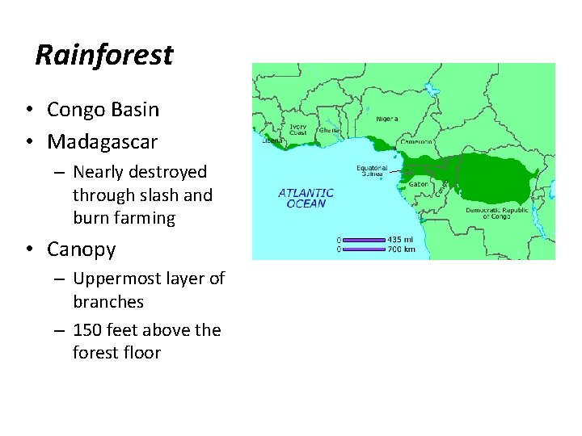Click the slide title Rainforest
pos(104,56)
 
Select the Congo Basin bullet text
pos(103,110)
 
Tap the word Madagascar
pos(103,142)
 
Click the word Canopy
pos(81,249)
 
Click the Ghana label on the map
pos(329,130)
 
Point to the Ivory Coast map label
pos(299,130)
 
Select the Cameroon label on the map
pos(415,140)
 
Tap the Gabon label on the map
pos(419,183)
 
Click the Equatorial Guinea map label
pos(372,172)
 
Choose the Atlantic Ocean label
pos(306,198)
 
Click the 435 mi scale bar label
pos(401,239)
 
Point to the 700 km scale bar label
pos(402,249)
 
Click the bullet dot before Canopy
pos(27,249)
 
